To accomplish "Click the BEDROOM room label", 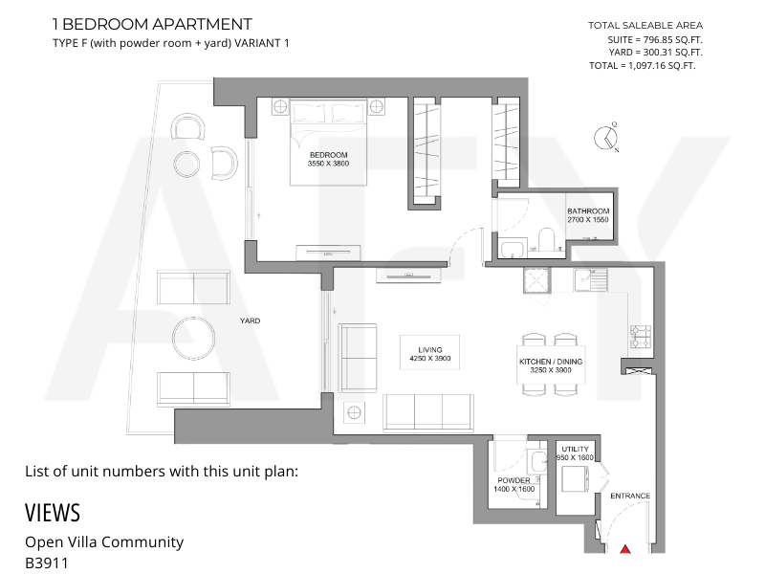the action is (x=328, y=155).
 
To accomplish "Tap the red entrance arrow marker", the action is (x=625, y=549).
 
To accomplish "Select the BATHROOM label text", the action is (x=588, y=211).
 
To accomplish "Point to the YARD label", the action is (x=250, y=320).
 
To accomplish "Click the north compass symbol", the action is (x=606, y=138).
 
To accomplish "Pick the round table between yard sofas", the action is (x=194, y=338).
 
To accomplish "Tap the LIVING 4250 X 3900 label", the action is (x=429, y=354).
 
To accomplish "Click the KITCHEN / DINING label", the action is (x=551, y=362).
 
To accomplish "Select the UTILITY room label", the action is (x=576, y=449).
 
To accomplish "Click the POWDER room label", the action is (x=514, y=480).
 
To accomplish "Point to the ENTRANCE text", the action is (x=630, y=496).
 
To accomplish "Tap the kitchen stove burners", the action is (x=641, y=337).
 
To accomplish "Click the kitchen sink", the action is (x=590, y=279).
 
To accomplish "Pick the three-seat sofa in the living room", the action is (x=428, y=412).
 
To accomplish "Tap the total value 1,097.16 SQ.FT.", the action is (x=662, y=66).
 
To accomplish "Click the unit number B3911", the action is (x=47, y=563).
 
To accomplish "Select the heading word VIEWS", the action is (x=53, y=513).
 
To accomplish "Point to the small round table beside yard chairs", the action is (x=186, y=164).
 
